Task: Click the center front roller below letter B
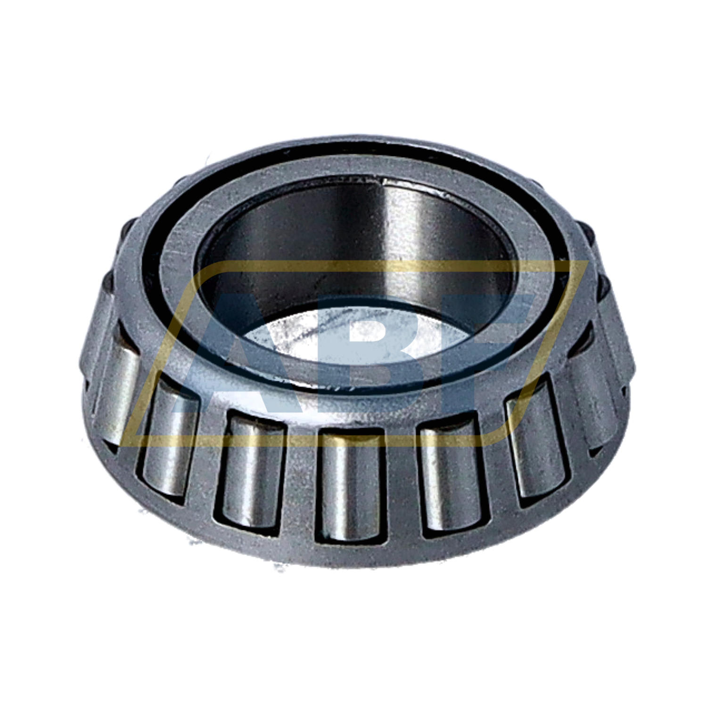click(351, 485)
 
